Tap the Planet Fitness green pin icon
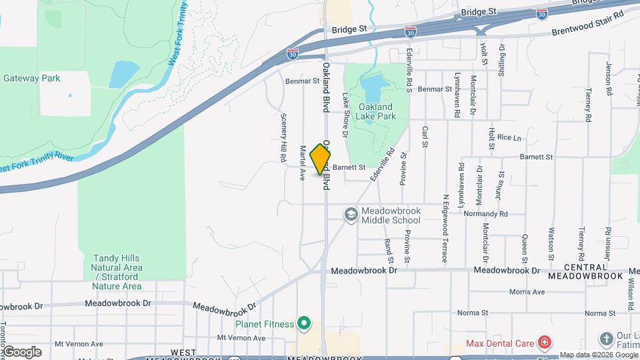point(304,325)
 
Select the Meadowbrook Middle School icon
point(351,215)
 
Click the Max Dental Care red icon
point(545,343)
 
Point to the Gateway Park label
point(32,78)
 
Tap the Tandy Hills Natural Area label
point(117,272)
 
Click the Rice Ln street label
point(509,137)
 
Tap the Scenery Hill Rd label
point(283,137)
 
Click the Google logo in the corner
point(21,351)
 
